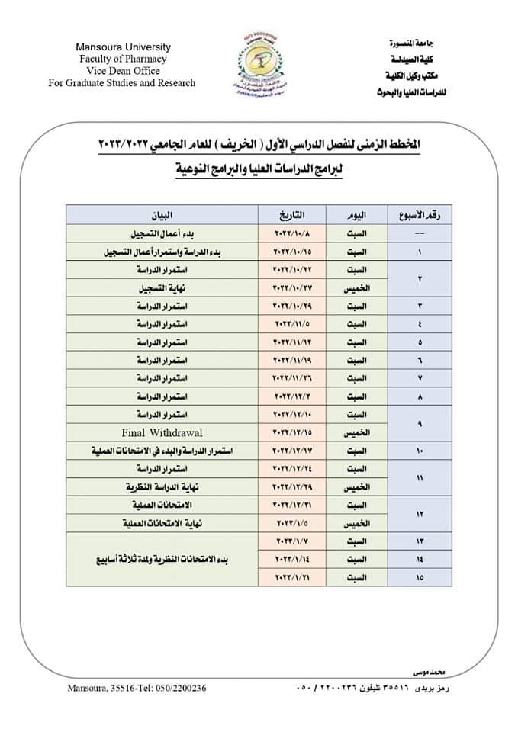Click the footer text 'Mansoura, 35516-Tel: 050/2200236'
[x=137, y=688]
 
